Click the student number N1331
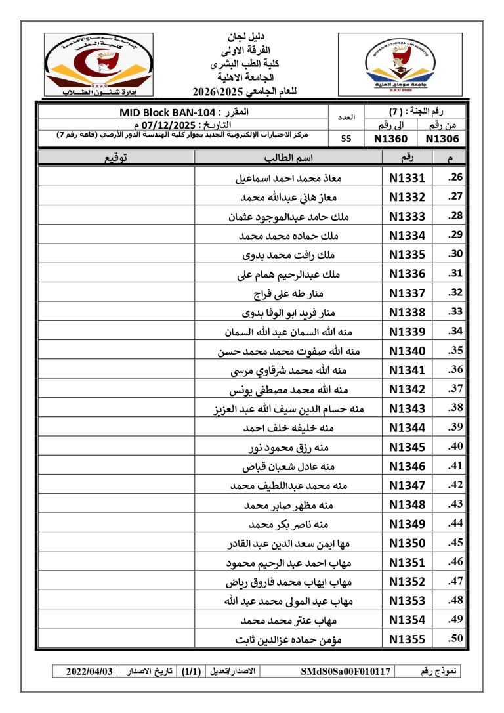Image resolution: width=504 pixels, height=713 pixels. (407, 178)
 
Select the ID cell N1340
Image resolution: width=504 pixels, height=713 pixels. (407, 351)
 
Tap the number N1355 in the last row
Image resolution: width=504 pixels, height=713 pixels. (407, 639)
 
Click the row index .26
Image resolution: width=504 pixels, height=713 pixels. (455, 178)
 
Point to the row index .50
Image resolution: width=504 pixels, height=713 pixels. (455, 639)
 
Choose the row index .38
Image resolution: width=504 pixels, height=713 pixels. (455, 408)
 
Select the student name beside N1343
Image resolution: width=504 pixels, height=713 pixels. (289, 409)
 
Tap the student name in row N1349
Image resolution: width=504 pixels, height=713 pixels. (289, 525)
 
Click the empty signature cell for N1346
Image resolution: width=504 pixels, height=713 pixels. (116, 467)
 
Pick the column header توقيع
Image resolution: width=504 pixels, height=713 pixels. (116, 158)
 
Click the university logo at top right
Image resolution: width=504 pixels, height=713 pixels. (404, 64)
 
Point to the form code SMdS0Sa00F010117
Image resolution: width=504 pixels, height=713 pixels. (346, 672)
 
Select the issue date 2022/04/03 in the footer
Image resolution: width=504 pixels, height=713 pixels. (90, 672)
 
